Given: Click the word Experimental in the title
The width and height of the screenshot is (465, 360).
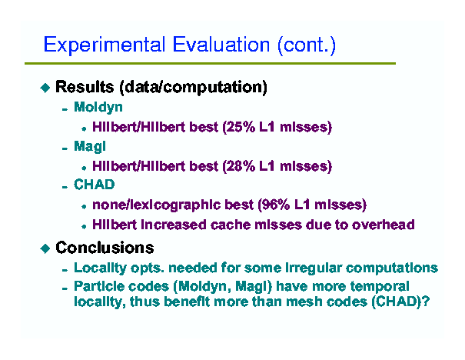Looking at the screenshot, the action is pos(105,45).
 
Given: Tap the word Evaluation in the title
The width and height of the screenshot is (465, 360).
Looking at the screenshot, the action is pos(221,45).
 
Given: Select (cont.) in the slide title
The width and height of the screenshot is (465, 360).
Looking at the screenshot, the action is pos(307,45).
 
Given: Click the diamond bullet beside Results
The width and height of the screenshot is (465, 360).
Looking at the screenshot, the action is pos(45,88).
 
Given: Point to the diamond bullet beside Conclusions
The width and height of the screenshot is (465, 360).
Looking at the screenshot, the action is pos(45,248).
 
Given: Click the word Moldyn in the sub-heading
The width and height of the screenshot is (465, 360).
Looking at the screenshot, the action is pos(98,108).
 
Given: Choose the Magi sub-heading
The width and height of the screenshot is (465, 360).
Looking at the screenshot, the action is pos(90,147).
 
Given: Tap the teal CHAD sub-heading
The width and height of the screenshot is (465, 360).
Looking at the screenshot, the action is pos(94,185).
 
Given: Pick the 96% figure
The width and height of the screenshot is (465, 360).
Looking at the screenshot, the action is pos(274,205).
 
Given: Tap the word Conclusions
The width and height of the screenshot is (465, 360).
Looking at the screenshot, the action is pos(105,248).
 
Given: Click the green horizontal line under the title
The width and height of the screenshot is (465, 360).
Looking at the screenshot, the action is pos(210,64).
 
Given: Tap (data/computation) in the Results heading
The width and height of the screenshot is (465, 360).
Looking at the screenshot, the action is pos(194,87).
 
